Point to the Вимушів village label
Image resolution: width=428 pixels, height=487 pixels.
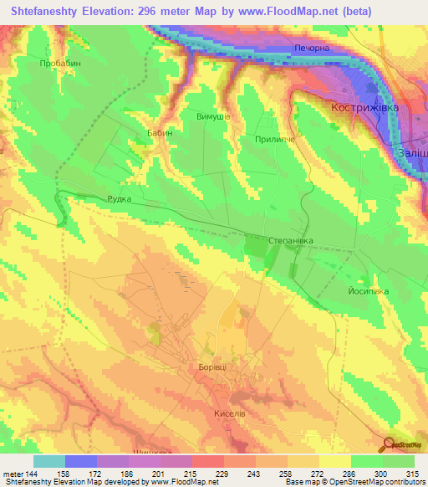[213, 117]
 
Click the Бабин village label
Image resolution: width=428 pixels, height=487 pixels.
[161, 134]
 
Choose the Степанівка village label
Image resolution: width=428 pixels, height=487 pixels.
[291, 240]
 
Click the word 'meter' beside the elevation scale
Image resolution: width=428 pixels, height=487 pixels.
[13, 474]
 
